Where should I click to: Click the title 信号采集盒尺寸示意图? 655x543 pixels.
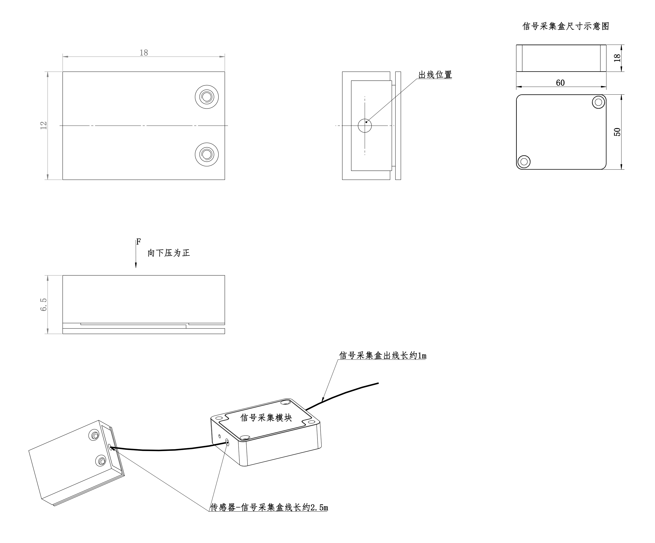(x=565, y=26)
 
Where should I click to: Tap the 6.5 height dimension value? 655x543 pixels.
(x=44, y=305)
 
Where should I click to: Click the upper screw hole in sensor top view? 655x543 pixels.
(x=206, y=97)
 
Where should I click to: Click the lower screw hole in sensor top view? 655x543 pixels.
(x=206, y=154)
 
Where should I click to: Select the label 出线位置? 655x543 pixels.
(x=435, y=75)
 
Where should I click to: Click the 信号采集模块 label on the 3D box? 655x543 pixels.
(x=266, y=418)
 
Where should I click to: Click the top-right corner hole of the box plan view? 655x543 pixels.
(x=598, y=102)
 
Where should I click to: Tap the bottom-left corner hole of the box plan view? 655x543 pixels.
(x=524, y=161)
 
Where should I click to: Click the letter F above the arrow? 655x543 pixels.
(x=139, y=242)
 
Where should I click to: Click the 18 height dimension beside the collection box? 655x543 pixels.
(x=617, y=58)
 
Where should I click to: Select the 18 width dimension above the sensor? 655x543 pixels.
(x=144, y=53)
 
